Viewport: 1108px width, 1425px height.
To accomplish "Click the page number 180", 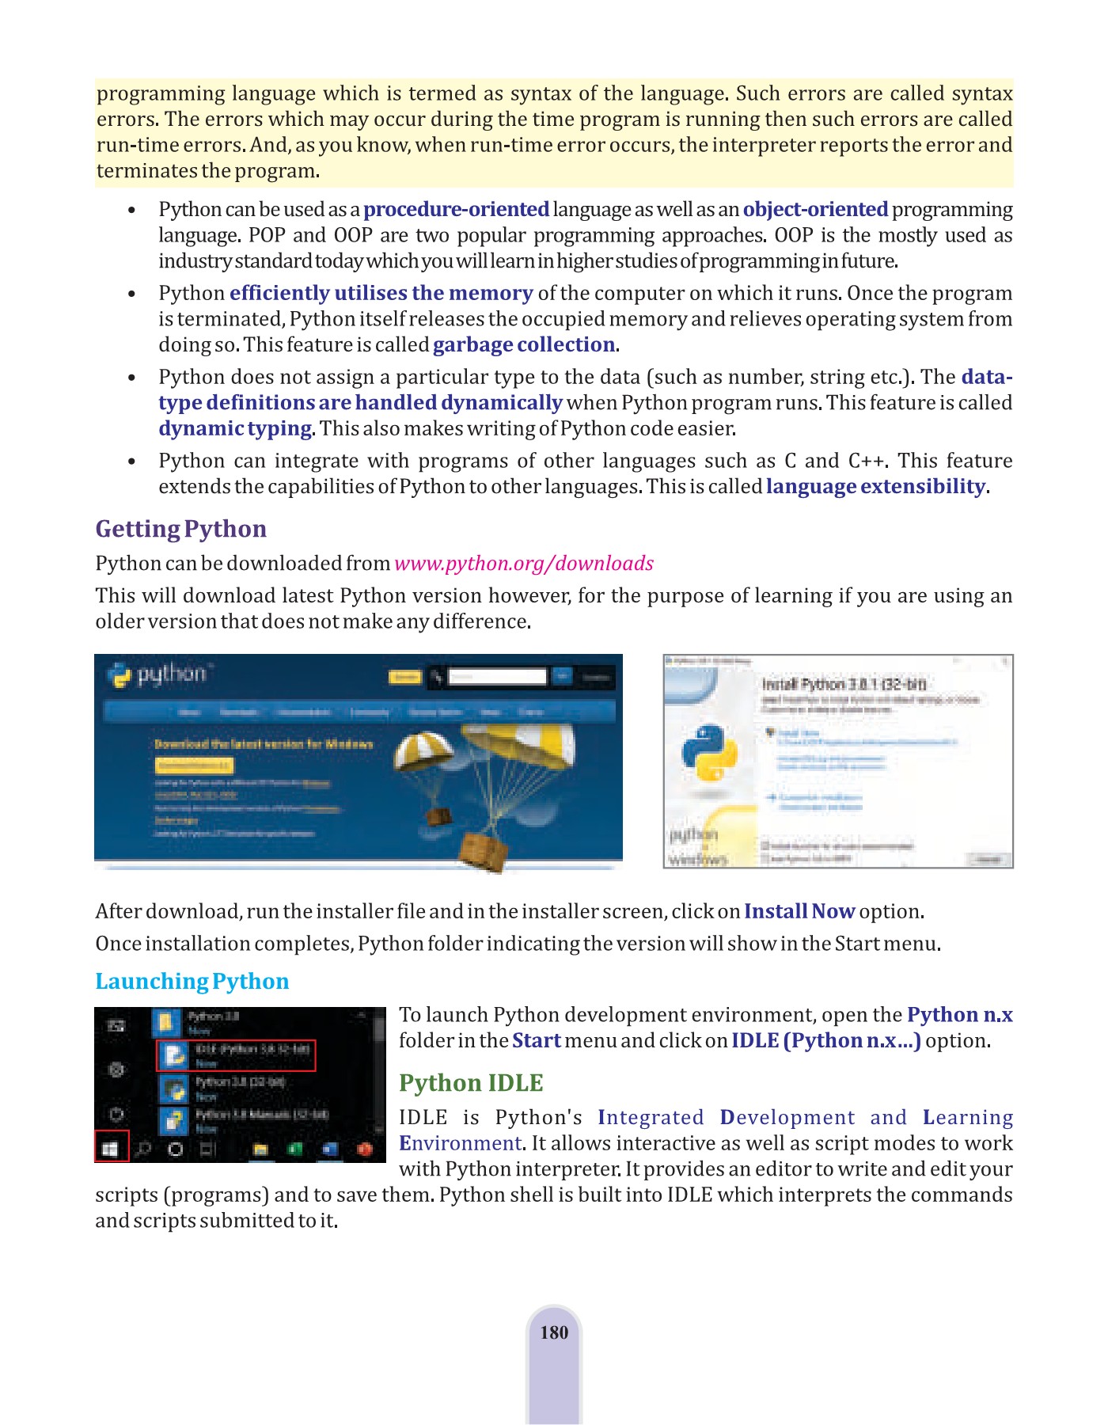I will (554, 1332).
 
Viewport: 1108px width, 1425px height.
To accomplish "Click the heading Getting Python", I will (180, 529).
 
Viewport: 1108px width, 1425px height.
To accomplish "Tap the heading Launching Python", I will (192, 981).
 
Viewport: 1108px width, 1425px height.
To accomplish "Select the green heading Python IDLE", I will (471, 1082).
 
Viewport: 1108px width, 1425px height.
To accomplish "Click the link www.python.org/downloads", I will (523, 563).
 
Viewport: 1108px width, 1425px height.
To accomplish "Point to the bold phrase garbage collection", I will (523, 344).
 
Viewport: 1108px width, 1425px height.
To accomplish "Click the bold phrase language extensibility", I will (875, 486).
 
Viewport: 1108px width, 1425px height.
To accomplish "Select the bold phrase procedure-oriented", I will (456, 209).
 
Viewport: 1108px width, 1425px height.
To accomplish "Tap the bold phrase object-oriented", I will (815, 209).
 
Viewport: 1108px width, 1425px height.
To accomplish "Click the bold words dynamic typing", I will (235, 428).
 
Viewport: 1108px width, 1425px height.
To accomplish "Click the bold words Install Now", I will (799, 911).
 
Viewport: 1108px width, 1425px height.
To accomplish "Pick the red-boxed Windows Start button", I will (112, 1146).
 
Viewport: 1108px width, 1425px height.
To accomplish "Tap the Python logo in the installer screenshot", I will (710, 752).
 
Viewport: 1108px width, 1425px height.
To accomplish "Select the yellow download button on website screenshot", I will (193, 766).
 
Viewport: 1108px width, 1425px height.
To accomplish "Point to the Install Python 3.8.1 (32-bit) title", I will (844, 684).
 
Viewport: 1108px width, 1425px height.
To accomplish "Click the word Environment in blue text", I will (460, 1143).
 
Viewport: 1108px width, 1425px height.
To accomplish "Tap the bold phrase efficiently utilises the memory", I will (381, 293).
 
